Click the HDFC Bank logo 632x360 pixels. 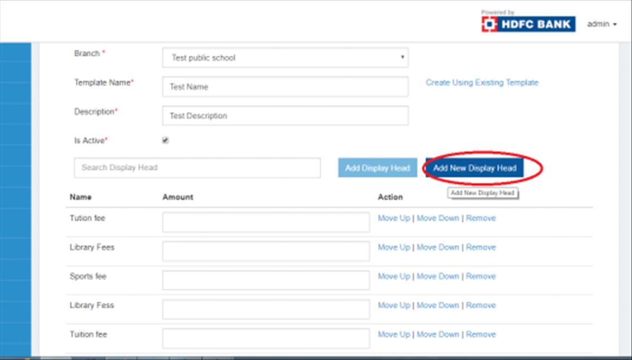[x=528, y=24]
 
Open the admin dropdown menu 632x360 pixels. [x=602, y=24]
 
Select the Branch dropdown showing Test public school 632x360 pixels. [x=285, y=58]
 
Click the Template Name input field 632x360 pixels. [x=285, y=87]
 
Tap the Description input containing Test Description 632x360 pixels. [x=285, y=116]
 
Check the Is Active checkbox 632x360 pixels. [x=165, y=140]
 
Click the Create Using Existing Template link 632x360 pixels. [x=482, y=83]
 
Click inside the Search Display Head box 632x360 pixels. [x=197, y=167]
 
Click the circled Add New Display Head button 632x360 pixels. [x=475, y=168]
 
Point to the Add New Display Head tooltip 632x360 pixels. [x=482, y=193]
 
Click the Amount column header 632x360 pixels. [x=178, y=197]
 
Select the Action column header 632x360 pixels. [x=390, y=197]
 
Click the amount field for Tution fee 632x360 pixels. [x=266, y=222]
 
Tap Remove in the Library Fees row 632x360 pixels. [x=481, y=247]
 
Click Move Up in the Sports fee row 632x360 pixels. [x=394, y=277]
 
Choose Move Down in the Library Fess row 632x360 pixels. [x=438, y=305]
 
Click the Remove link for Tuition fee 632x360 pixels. [x=481, y=334]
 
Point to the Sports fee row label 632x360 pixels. [x=88, y=277]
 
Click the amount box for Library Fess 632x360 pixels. [x=266, y=309]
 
